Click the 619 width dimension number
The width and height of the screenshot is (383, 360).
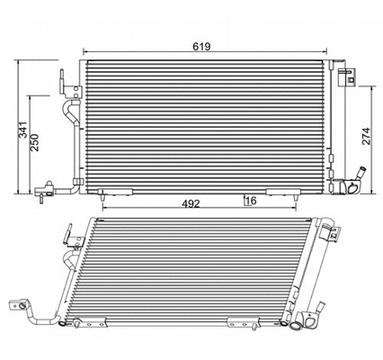[208, 44]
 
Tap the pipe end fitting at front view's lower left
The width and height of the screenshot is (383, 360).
[41, 190]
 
